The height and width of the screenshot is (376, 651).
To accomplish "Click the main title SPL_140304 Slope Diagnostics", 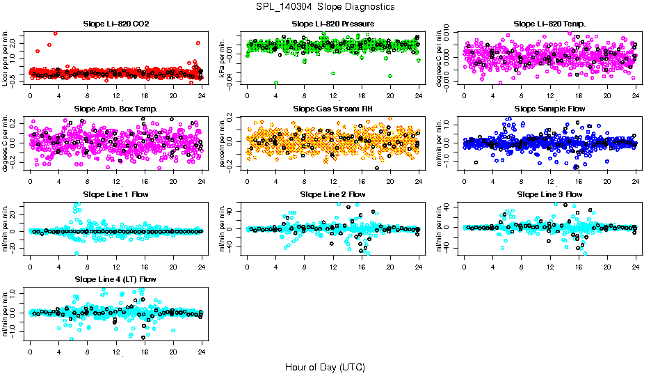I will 325,6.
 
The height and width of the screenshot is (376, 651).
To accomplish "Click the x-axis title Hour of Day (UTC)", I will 325,366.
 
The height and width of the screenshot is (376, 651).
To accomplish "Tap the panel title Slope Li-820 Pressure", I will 333,24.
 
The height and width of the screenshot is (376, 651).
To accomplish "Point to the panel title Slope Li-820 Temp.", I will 549,24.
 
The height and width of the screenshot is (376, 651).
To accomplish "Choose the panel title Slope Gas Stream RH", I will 333,109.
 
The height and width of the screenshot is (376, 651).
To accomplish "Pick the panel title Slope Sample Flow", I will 549,109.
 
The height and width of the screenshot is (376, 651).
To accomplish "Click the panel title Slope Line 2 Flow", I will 333,194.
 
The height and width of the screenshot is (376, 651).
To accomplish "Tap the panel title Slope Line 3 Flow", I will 549,194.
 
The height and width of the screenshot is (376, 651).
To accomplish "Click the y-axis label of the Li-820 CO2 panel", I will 6,57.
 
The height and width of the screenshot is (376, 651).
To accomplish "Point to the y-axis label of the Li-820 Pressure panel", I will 223,57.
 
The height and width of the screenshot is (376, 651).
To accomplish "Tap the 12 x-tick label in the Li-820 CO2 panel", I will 115,96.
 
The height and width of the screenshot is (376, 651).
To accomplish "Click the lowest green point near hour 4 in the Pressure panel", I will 276,83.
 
